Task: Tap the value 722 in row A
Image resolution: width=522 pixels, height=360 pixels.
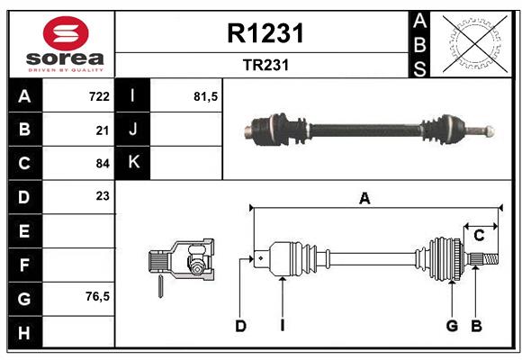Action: [99, 96]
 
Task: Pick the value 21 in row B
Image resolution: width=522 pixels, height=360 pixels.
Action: [103, 130]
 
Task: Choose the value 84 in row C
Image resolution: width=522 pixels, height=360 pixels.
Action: [103, 164]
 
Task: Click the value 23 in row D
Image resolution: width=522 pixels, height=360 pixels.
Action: [103, 195]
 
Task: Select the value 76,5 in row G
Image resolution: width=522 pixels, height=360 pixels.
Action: [97, 296]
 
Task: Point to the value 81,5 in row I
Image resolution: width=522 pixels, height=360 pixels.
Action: [206, 96]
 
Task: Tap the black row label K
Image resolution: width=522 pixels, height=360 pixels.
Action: [133, 163]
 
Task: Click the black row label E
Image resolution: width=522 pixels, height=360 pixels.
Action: [24, 231]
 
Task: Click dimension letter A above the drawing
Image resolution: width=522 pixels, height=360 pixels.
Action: [364, 199]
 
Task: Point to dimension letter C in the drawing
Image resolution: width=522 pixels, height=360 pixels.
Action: [479, 236]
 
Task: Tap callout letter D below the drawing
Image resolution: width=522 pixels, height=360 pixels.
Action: [240, 326]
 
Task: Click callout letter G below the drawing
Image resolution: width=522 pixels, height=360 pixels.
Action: [452, 326]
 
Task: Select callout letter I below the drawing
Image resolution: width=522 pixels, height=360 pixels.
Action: [282, 326]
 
